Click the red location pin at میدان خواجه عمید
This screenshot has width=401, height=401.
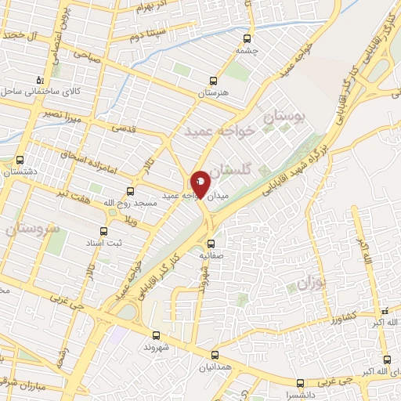200,183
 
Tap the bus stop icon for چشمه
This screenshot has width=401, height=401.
247,38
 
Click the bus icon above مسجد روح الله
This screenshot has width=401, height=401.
130,190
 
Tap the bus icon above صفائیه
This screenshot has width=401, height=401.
210,243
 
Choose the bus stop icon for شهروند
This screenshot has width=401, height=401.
155,336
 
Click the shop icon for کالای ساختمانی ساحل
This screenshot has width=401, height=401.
40,80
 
